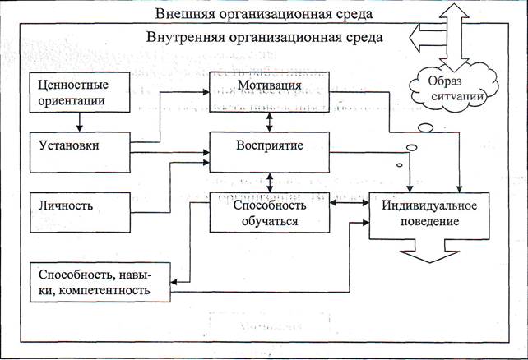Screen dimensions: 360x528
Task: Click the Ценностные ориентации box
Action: [x=79, y=92]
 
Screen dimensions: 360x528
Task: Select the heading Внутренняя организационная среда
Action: [x=264, y=37]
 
